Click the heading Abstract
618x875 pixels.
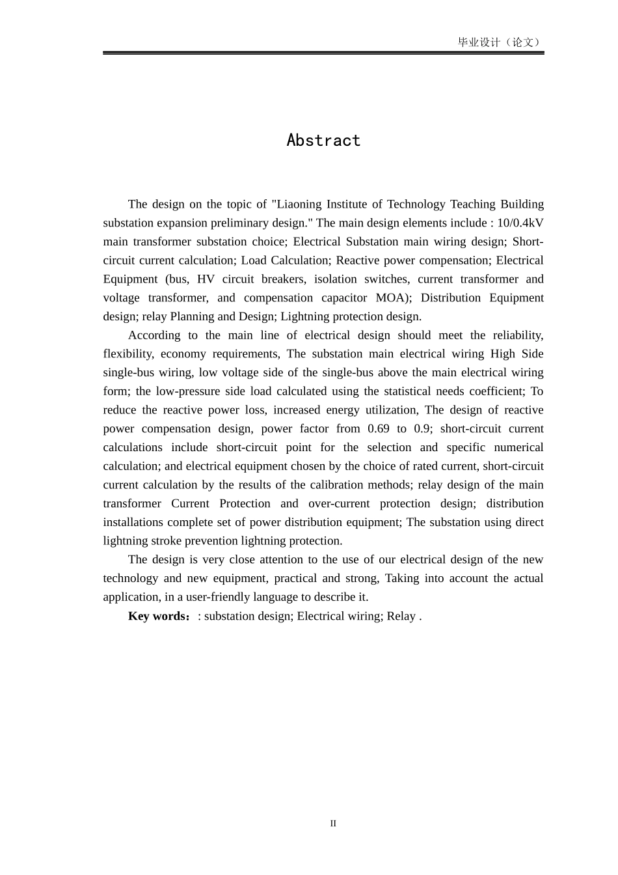(x=323, y=141)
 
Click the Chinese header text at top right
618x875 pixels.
(x=500, y=42)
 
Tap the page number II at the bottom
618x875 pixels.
(x=333, y=824)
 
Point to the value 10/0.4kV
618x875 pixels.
(x=520, y=223)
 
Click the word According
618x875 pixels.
(x=154, y=335)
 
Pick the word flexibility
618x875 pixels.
(x=128, y=354)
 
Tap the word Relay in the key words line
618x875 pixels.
(x=401, y=616)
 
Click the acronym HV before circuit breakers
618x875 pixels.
(x=206, y=279)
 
